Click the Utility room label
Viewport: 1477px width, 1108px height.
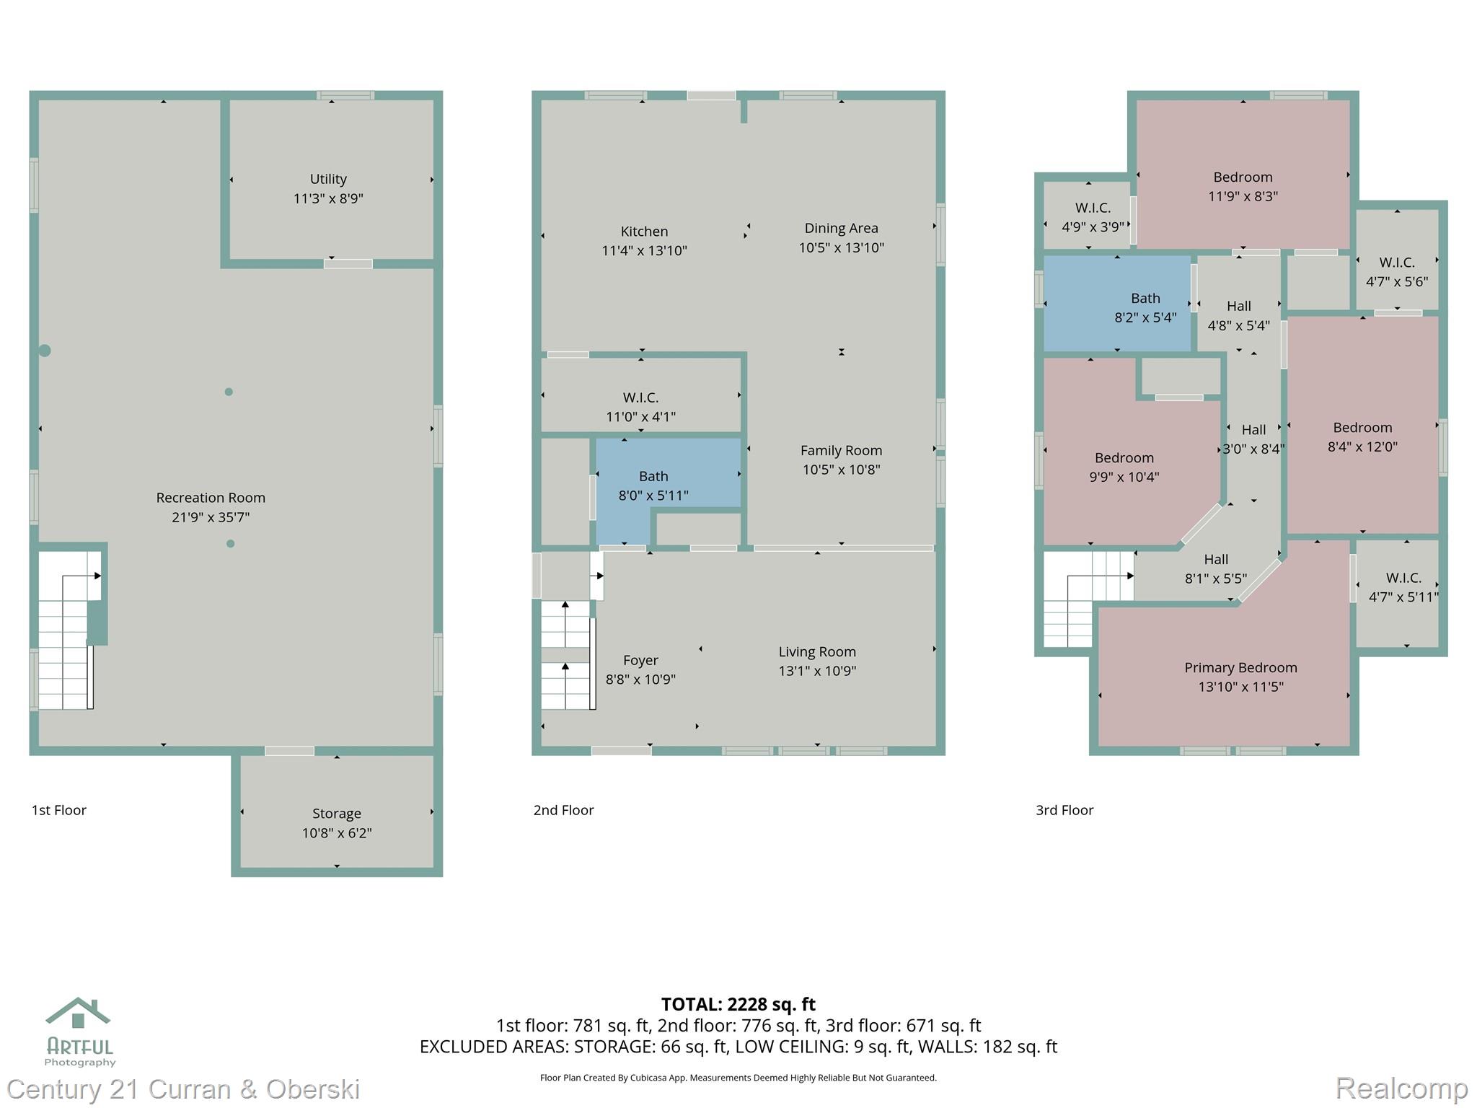click(328, 179)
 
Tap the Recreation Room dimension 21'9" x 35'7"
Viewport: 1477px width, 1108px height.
click(211, 516)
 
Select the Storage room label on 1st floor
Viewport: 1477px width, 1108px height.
click(336, 813)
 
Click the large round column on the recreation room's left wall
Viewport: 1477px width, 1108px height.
click(45, 351)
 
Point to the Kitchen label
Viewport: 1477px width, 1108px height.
click(644, 231)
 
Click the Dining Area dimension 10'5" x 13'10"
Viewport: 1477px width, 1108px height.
click(841, 247)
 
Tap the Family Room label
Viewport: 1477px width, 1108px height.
click(841, 450)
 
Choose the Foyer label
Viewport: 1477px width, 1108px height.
click(640, 660)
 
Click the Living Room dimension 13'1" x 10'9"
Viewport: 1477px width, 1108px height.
click(817, 671)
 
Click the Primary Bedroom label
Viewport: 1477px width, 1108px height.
click(1240, 667)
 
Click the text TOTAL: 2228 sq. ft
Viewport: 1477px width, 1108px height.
click(738, 1004)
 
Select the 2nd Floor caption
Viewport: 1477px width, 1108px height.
click(563, 810)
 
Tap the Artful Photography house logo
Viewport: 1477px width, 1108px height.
click(78, 1013)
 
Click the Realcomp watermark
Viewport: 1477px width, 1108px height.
click(1401, 1088)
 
